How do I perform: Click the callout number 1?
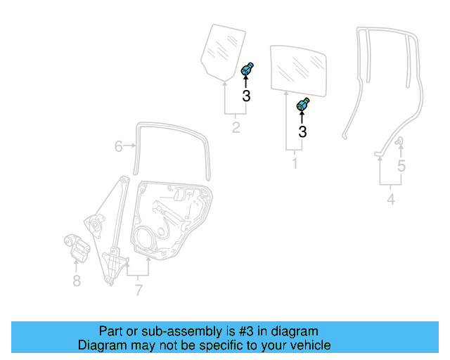tap(295, 164)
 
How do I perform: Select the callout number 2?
tap(236, 127)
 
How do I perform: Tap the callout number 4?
tap(390, 200)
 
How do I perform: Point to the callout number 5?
tap(401, 167)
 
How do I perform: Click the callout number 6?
tap(118, 146)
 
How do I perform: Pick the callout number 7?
tap(139, 289)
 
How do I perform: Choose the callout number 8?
tap(77, 281)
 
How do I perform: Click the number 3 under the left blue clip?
tap(246, 96)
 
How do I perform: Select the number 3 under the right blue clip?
tap(303, 131)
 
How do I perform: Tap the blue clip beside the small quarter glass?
tap(247, 70)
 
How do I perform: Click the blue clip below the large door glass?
tap(304, 105)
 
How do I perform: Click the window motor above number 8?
tap(77, 247)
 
